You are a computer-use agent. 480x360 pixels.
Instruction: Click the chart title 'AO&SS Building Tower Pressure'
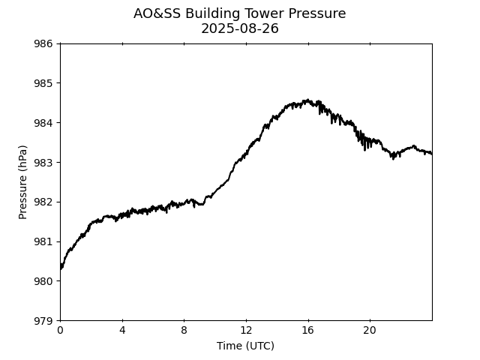click(239, 13)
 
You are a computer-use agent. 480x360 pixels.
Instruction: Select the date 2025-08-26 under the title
click(239, 28)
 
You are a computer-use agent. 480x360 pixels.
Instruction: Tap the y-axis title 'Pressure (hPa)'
click(23, 181)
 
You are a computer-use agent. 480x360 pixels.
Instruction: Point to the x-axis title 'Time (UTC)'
click(245, 346)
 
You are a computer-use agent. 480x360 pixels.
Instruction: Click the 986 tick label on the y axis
click(43, 43)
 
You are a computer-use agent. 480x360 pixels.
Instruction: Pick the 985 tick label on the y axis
click(43, 83)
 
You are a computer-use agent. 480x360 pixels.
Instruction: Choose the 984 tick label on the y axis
click(43, 123)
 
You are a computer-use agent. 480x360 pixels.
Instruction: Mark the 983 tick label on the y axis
click(43, 163)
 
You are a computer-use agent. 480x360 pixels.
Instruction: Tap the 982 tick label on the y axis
click(43, 202)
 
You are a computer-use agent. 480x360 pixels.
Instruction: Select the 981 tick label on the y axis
click(43, 241)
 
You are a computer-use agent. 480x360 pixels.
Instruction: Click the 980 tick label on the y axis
click(43, 281)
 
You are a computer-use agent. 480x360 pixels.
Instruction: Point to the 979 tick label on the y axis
click(43, 321)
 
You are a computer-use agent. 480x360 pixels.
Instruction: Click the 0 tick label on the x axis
click(60, 331)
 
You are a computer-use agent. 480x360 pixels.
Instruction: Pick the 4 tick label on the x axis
click(122, 331)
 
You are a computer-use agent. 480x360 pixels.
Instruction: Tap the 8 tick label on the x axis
click(184, 331)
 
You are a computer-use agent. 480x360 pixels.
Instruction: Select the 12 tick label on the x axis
click(246, 331)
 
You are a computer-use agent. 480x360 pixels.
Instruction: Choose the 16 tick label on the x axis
click(307, 331)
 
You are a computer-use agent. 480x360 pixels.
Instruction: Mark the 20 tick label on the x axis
click(370, 331)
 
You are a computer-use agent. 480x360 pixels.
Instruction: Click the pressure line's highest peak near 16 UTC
click(306, 100)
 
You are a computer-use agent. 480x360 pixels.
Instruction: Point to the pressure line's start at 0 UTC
click(61, 265)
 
